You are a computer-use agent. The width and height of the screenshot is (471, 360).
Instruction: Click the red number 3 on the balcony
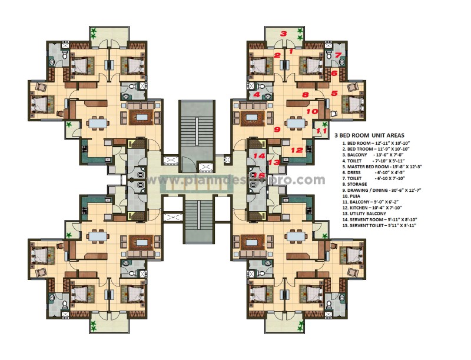[283, 34]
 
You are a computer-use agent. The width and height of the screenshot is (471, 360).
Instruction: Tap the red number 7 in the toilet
[338, 56]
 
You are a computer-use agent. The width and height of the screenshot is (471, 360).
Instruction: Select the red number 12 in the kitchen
[297, 151]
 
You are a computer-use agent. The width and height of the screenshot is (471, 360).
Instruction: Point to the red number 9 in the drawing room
[276, 129]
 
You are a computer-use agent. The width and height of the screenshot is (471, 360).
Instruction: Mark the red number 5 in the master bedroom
[334, 93]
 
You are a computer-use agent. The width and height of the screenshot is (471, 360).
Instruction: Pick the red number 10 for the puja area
[313, 111]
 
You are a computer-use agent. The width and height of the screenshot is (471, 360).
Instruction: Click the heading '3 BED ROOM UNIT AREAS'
[373, 135]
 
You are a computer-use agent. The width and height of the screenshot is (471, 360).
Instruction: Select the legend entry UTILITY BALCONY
[368, 213]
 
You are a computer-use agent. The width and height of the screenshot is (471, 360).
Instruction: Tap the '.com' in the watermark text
[311, 180]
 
